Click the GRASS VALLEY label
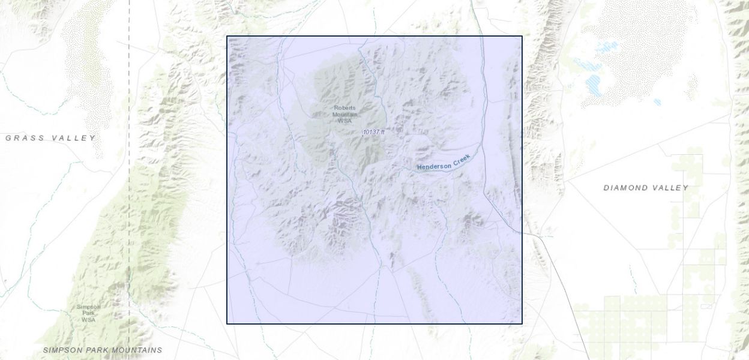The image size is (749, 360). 50,138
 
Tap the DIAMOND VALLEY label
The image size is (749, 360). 646,188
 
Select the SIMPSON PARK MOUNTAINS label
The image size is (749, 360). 103,350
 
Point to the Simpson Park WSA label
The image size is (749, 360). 88,313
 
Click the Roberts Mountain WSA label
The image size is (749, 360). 344,114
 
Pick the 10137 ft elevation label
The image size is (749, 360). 373,132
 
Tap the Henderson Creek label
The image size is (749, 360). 445,163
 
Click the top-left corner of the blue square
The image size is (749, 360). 227,36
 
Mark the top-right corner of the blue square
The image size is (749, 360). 522,36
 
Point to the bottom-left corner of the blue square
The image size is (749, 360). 227,324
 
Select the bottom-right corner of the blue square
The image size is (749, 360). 522,324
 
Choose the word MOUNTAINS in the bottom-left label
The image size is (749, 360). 136,350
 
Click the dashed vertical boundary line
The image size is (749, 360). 129,180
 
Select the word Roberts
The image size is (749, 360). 344,108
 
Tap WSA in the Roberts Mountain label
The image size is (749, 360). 344,121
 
